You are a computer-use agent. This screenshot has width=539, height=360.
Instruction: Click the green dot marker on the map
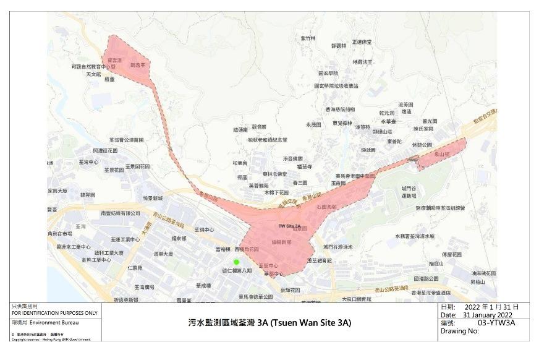click(236, 262)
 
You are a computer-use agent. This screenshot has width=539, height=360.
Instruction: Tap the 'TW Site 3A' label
click(289, 227)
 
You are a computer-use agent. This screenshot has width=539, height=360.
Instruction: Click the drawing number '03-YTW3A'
click(496, 322)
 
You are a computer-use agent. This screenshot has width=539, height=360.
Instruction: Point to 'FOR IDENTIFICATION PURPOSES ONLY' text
click(55, 313)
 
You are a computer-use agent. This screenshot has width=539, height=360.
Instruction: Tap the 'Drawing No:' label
click(460, 331)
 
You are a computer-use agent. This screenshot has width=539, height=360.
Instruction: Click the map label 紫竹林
click(308, 38)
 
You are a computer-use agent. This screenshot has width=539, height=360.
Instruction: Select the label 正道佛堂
click(362, 42)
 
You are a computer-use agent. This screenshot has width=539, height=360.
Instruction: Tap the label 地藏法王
click(362, 62)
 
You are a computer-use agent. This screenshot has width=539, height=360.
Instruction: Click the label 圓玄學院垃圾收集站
click(336, 86)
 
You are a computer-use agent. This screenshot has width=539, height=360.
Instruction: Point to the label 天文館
click(93, 74)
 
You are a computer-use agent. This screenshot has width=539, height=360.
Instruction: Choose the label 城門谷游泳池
click(337, 247)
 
